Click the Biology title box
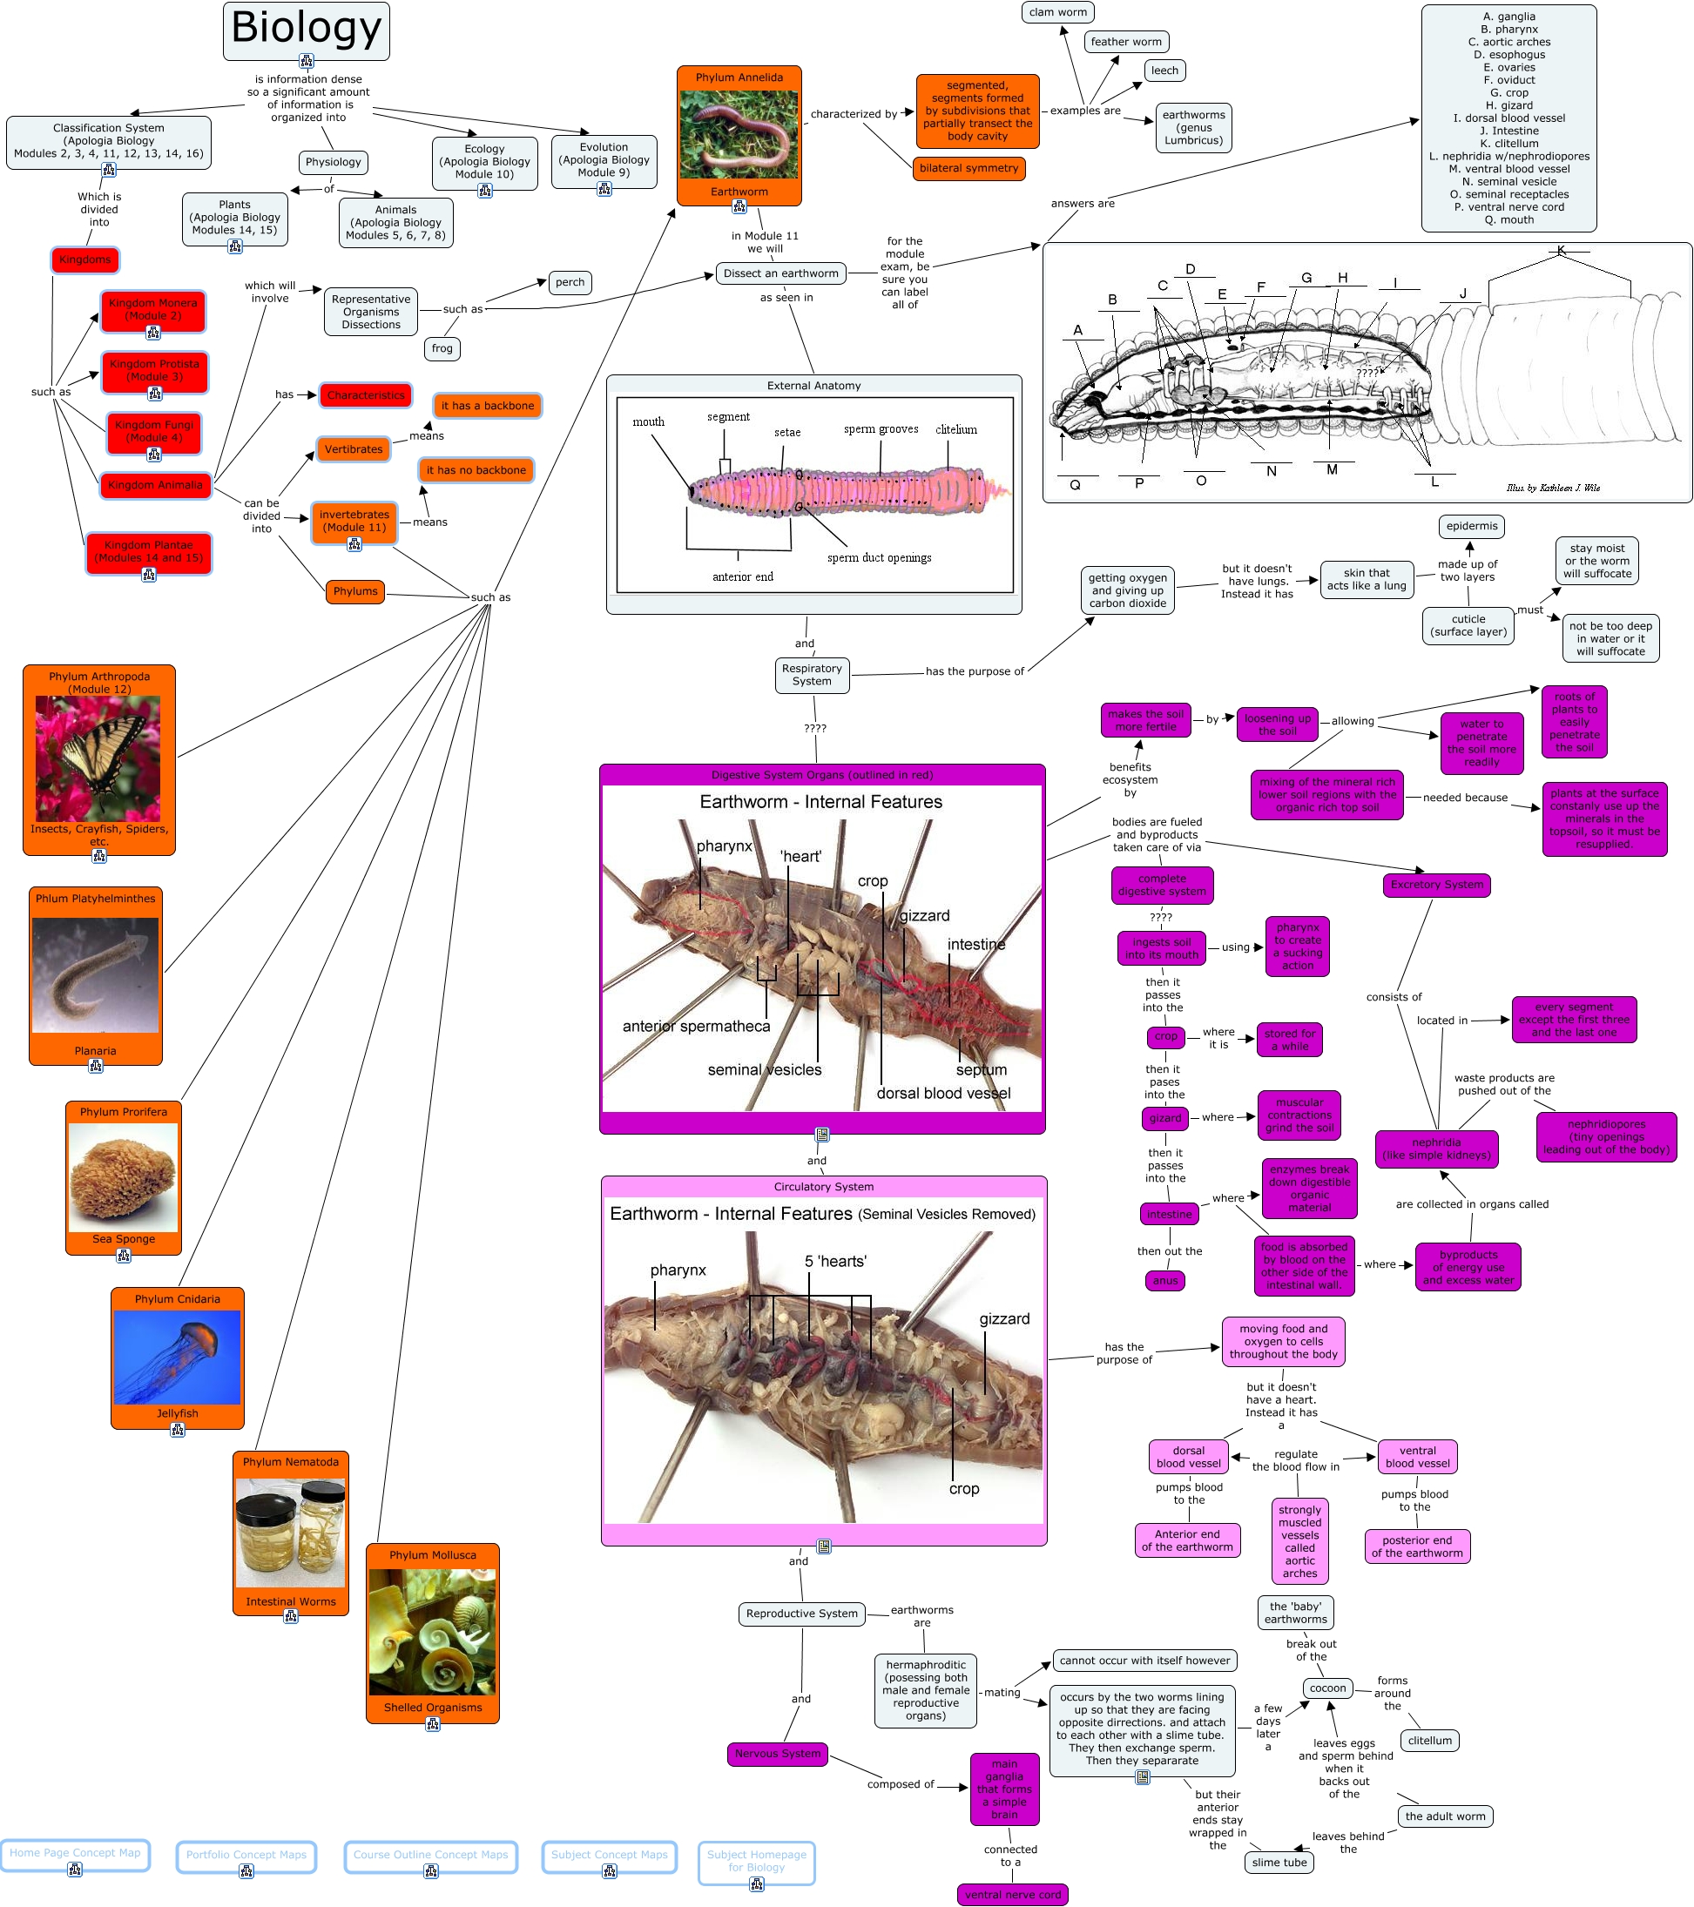(x=306, y=30)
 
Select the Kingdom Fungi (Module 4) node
(x=154, y=431)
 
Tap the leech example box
(x=1164, y=70)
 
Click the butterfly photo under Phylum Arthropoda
(x=98, y=758)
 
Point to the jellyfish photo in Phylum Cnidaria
(x=178, y=1357)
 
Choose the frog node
(x=442, y=348)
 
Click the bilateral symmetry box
(x=968, y=168)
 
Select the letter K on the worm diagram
(x=1561, y=250)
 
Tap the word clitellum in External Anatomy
(x=955, y=429)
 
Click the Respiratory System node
(x=811, y=675)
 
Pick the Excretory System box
(x=1435, y=884)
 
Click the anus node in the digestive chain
(x=1164, y=1280)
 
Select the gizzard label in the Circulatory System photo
(x=1004, y=1318)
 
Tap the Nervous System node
(x=777, y=1753)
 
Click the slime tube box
(x=1279, y=1863)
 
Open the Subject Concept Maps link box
(x=609, y=1854)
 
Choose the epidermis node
(x=1471, y=525)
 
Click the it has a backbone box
(x=487, y=405)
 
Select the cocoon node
(x=1327, y=1688)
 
